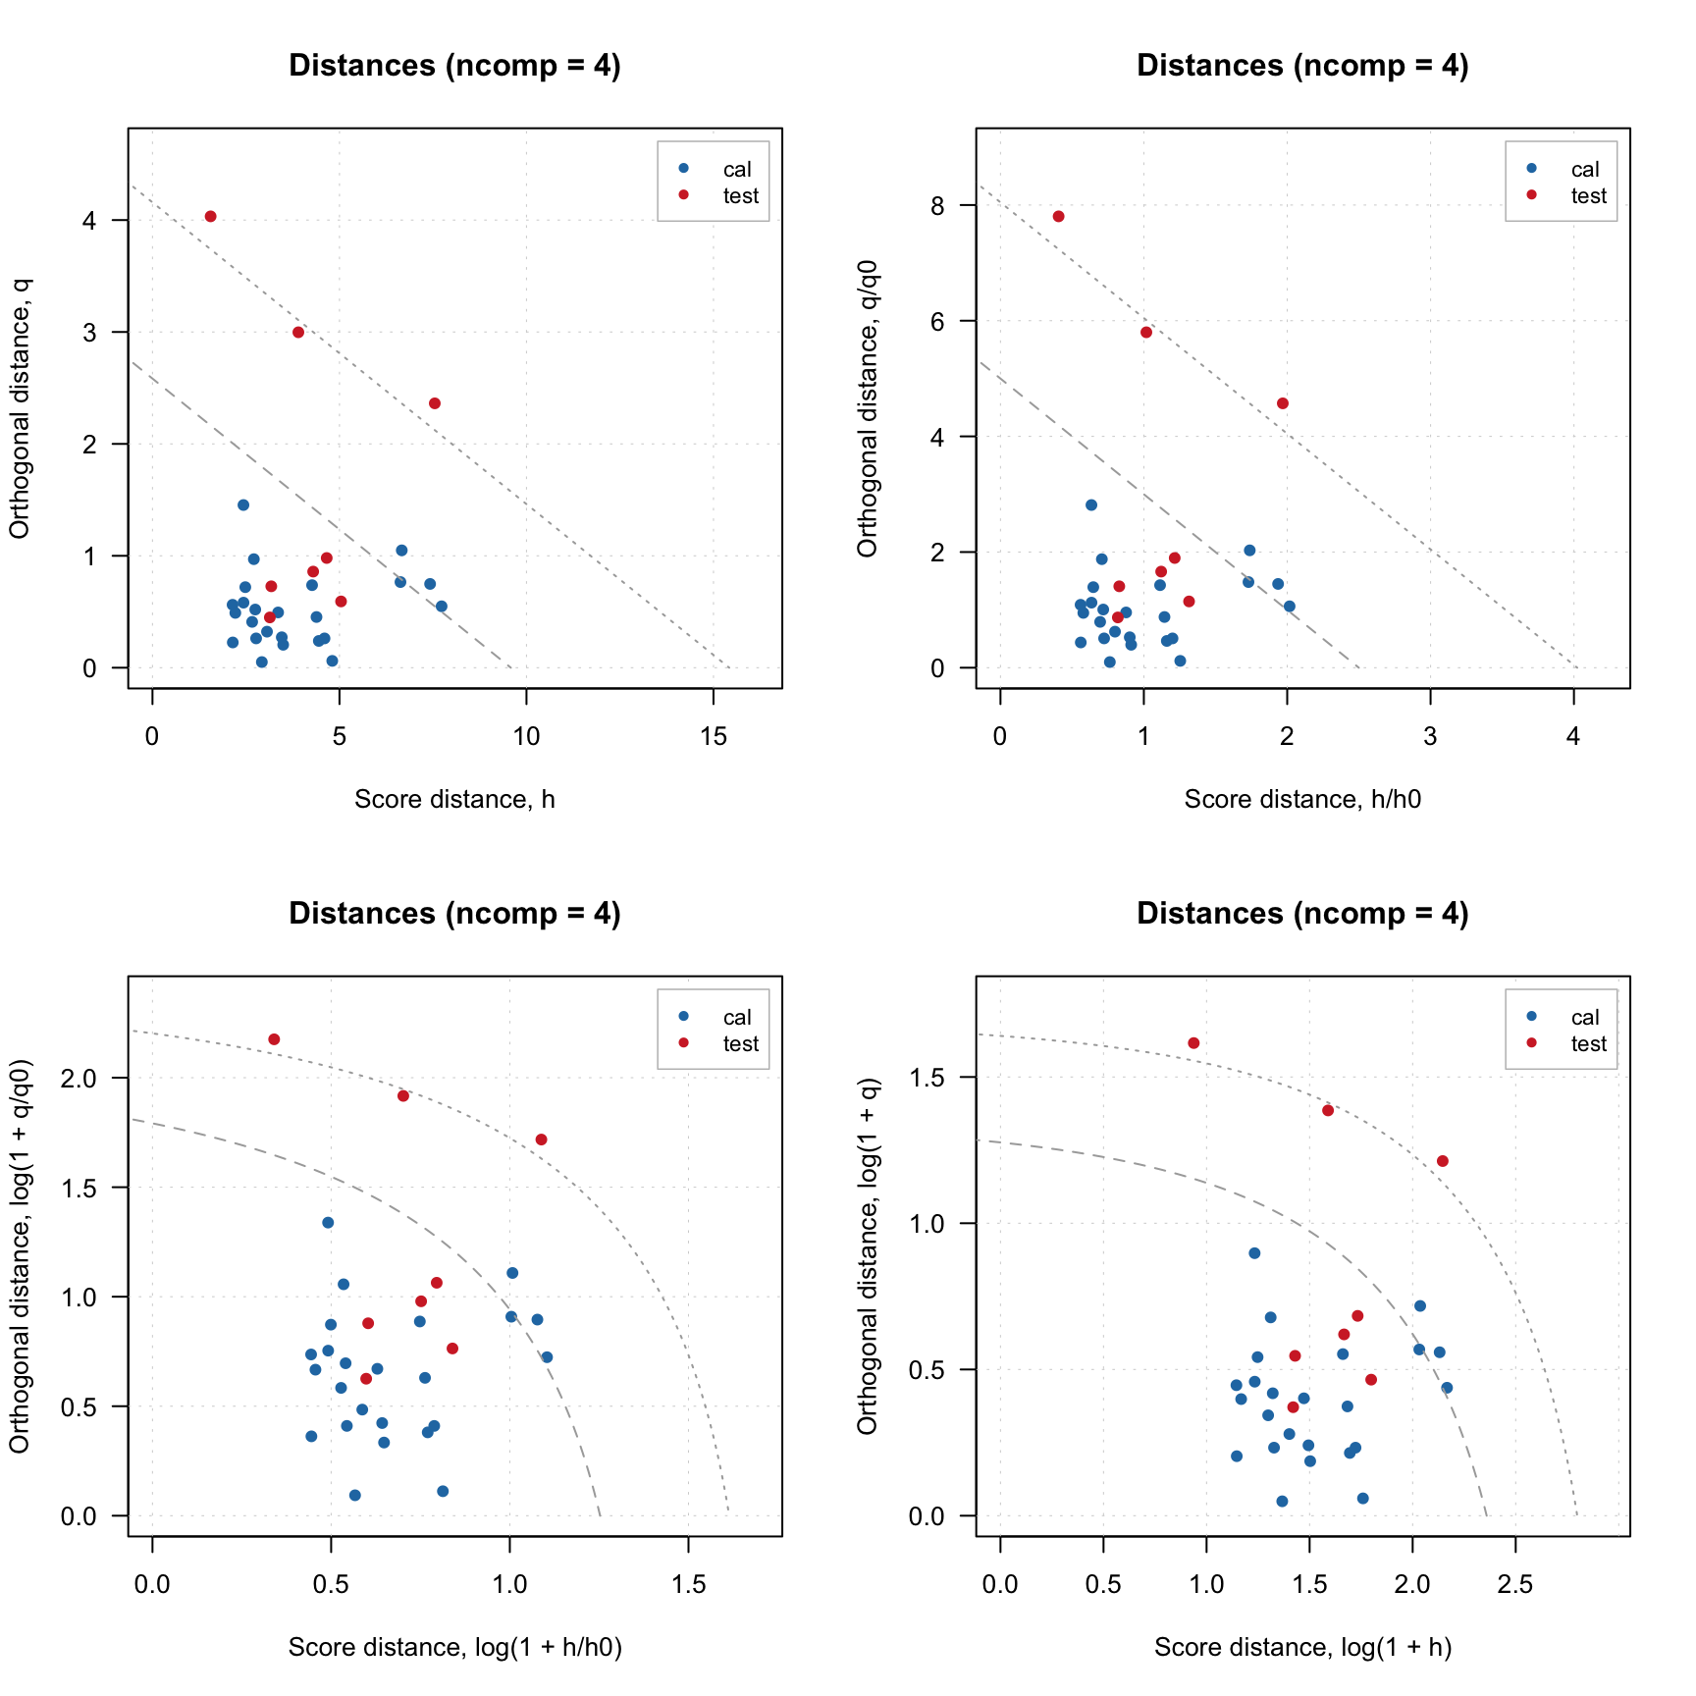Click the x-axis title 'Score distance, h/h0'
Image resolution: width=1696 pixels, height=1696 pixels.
1302,800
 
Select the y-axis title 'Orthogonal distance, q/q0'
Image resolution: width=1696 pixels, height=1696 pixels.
868,408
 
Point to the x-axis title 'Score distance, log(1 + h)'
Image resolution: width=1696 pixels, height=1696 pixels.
1302,1648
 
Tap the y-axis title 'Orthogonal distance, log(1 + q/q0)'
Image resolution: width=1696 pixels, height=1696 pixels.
20,1256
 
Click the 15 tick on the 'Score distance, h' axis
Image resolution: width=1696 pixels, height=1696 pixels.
714,737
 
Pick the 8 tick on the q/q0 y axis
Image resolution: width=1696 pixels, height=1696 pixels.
938,205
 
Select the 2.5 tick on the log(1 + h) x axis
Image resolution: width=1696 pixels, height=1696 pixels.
1515,1585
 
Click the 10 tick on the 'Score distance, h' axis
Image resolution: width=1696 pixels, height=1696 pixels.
527,737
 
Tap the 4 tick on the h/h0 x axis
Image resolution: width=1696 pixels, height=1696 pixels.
1573,737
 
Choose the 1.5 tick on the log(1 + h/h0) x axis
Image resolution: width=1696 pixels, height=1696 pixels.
688,1585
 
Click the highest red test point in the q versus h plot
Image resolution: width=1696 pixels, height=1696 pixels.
210,217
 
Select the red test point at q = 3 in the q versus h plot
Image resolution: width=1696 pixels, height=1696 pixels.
298,333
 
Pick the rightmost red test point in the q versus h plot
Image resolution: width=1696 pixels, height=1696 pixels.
435,403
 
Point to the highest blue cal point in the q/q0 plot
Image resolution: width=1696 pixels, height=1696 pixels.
1091,505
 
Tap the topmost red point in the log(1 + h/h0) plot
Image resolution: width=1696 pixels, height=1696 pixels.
274,1039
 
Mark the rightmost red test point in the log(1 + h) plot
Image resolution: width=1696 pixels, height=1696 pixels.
1443,1161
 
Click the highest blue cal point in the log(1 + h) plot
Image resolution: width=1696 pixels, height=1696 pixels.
1254,1253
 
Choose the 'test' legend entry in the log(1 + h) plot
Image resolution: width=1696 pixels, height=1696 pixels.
1588,1044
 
